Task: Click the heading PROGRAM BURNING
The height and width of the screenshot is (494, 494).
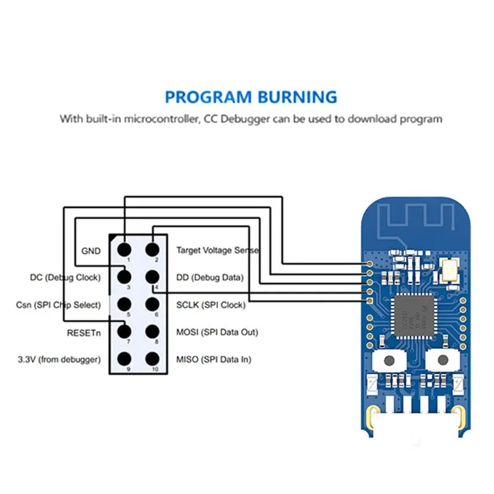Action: click(251, 97)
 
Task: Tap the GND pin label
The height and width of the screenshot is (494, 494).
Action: click(91, 251)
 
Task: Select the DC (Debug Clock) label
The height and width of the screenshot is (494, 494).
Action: click(65, 278)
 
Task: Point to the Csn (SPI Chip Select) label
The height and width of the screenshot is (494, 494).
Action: click(58, 305)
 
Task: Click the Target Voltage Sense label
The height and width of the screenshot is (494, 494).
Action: click(218, 251)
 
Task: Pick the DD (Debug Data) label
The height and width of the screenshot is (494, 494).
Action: click(210, 278)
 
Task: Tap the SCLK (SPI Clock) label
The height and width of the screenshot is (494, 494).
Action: click(211, 305)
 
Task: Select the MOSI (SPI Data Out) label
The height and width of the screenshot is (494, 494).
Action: click(217, 332)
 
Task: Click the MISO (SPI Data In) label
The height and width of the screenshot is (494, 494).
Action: click(214, 359)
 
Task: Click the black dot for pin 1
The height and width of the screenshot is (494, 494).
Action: click(124, 249)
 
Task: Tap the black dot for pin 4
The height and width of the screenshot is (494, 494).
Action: click(153, 277)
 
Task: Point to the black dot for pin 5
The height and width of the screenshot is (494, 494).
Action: click(124, 304)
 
